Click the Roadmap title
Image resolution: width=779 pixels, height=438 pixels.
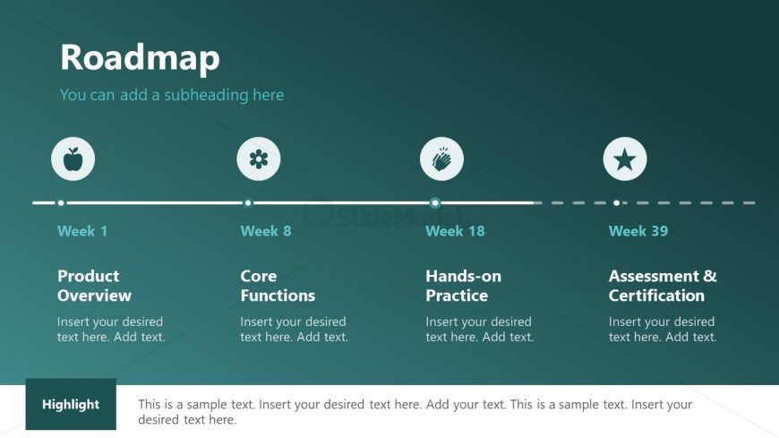tap(140, 57)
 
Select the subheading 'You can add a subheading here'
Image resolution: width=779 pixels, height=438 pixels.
tap(172, 94)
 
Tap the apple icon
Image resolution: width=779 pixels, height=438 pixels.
tap(73, 159)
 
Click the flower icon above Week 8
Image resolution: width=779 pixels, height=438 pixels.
tap(259, 159)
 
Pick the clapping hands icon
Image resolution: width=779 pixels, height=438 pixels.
tap(441, 159)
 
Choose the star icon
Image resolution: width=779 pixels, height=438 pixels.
tap(624, 159)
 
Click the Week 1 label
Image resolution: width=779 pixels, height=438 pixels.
tap(82, 231)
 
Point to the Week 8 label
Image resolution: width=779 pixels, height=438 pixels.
tap(266, 231)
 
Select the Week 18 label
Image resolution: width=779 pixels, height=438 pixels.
tap(455, 231)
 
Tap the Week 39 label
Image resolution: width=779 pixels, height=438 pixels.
tap(638, 231)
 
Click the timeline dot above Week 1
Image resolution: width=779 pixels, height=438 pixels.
tap(61, 202)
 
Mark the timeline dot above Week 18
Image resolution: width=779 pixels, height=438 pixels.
tap(435, 202)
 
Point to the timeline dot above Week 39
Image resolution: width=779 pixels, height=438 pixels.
tap(617, 202)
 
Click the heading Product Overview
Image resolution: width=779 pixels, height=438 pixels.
tap(94, 286)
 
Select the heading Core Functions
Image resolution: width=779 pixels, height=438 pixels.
tap(278, 286)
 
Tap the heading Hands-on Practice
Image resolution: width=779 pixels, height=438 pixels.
tap(464, 286)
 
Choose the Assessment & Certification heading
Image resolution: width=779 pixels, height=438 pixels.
tap(663, 286)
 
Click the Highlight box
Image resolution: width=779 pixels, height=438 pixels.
tap(71, 404)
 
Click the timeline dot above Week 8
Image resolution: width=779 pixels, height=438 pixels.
tap(248, 202)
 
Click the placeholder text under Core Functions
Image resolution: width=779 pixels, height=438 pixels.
tap(294, 329)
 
